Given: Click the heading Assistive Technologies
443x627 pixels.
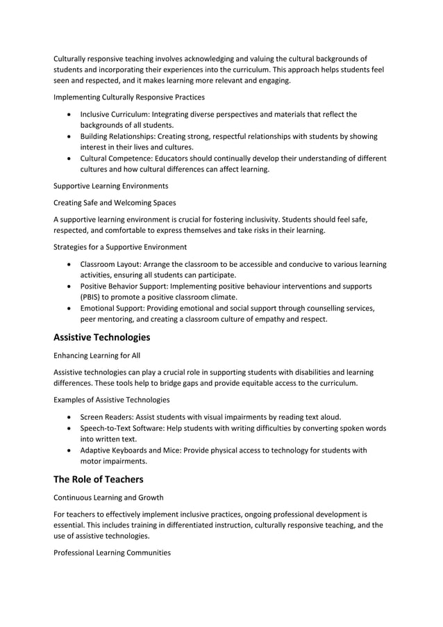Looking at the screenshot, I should (x=101, y=337).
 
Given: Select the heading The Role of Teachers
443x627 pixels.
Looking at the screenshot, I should (x=100, y=479).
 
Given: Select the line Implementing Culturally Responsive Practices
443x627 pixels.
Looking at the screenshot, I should (x=129, y=97).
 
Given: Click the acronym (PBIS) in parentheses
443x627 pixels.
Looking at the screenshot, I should (x=92, y=297).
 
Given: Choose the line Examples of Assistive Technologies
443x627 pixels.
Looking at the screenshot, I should (x=111, y=400).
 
